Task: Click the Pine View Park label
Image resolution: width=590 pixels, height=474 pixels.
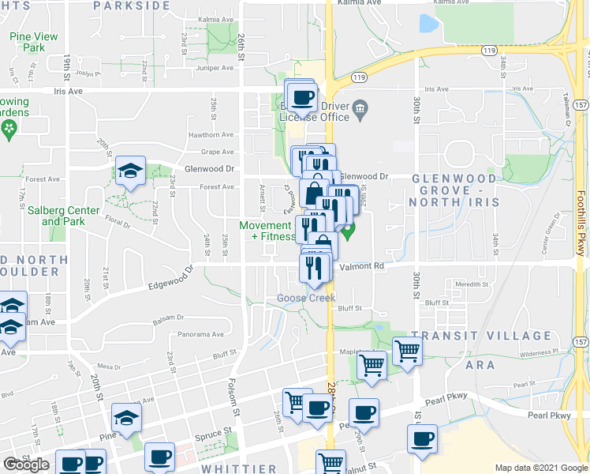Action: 34,42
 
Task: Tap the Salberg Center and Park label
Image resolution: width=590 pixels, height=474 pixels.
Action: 63,216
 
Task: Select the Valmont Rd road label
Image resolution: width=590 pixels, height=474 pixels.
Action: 361,267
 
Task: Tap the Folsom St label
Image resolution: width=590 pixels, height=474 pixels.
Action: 233,400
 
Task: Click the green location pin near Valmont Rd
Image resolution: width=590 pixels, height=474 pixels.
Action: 348,231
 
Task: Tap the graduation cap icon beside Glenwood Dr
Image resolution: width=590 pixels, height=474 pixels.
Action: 131,171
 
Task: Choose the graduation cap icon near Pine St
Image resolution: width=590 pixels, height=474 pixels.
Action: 126,418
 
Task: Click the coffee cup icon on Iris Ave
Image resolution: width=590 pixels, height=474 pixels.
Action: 302,98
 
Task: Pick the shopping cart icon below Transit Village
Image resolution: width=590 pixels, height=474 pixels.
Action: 407,350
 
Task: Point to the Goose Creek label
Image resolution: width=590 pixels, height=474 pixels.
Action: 306,298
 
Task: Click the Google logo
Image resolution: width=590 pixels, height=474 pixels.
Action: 26,465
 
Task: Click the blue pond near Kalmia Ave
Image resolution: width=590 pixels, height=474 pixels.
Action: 429,24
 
